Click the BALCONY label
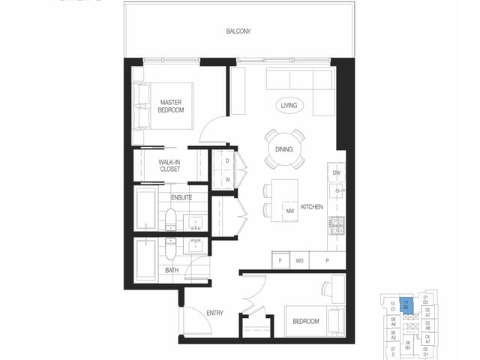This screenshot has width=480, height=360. coord(238,31)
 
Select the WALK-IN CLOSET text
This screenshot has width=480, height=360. coord(170,165)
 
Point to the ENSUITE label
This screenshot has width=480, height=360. coord(181,197)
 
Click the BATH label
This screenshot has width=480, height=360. coord(172,270)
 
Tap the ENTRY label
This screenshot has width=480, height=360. coord(215,313)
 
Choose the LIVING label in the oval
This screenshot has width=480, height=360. coord(289,106)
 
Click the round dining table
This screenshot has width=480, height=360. coord(284,149)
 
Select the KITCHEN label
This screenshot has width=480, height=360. coord(312,206)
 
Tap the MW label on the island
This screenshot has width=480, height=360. coord(289,211)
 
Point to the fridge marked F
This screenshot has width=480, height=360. coord(280,260)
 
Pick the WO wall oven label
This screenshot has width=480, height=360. coord(298,260)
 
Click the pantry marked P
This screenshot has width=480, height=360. coord(326,260)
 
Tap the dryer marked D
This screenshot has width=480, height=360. coord(226,161)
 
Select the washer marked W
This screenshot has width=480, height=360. coord(226,179)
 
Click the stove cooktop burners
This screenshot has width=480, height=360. coord(337,224)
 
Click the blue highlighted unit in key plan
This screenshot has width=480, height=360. coord(405,305)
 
